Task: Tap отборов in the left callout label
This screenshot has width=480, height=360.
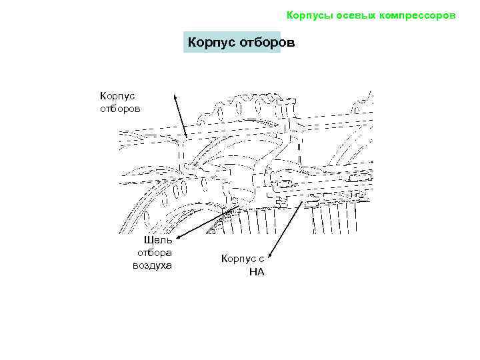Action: coord(121,108)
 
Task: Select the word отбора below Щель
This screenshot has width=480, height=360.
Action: coord(155,253)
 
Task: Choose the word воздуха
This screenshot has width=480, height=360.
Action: coord(153,265)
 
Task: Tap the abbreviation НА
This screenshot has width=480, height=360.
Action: coord(257,271)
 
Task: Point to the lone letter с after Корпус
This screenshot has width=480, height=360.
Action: coord(261,259)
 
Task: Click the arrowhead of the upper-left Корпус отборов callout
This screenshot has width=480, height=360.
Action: coord(175,96)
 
